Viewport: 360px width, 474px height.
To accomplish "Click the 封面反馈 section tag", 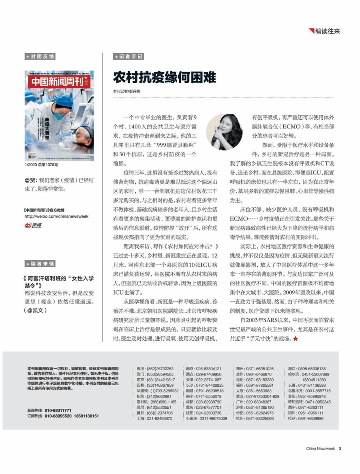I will pos(40,57).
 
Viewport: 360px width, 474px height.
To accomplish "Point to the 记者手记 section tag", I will pos(128,57).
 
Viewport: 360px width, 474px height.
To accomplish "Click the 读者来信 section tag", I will pos(40,263).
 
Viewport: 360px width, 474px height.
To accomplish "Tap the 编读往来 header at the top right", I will pos(327,31).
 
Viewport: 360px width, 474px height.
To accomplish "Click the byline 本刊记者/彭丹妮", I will pos(126,91).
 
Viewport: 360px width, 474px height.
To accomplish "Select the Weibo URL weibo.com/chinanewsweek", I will pos(56,216).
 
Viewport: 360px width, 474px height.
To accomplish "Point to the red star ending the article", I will pos(296,339).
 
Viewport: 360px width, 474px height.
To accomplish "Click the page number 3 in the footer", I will pos(340,448).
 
